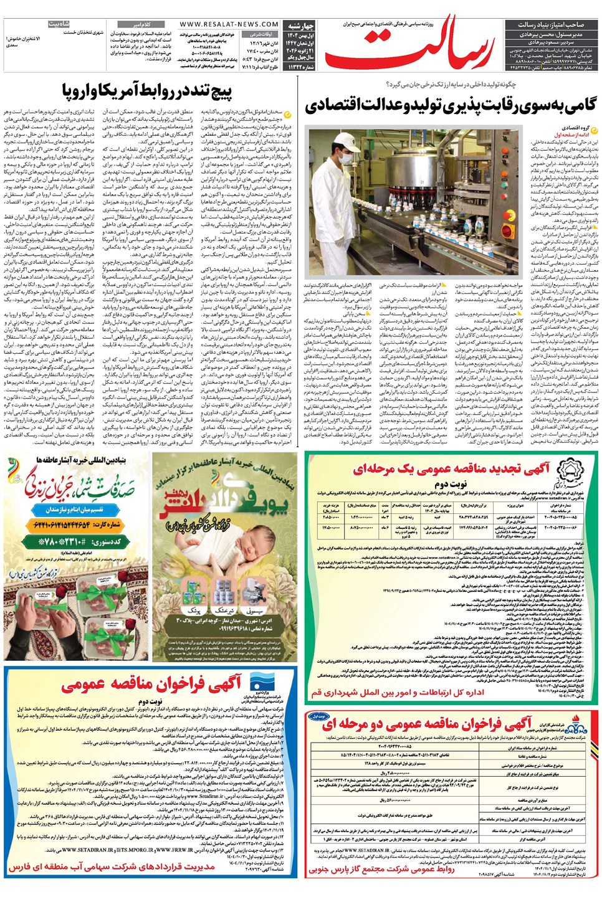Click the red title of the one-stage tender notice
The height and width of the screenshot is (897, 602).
452,469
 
